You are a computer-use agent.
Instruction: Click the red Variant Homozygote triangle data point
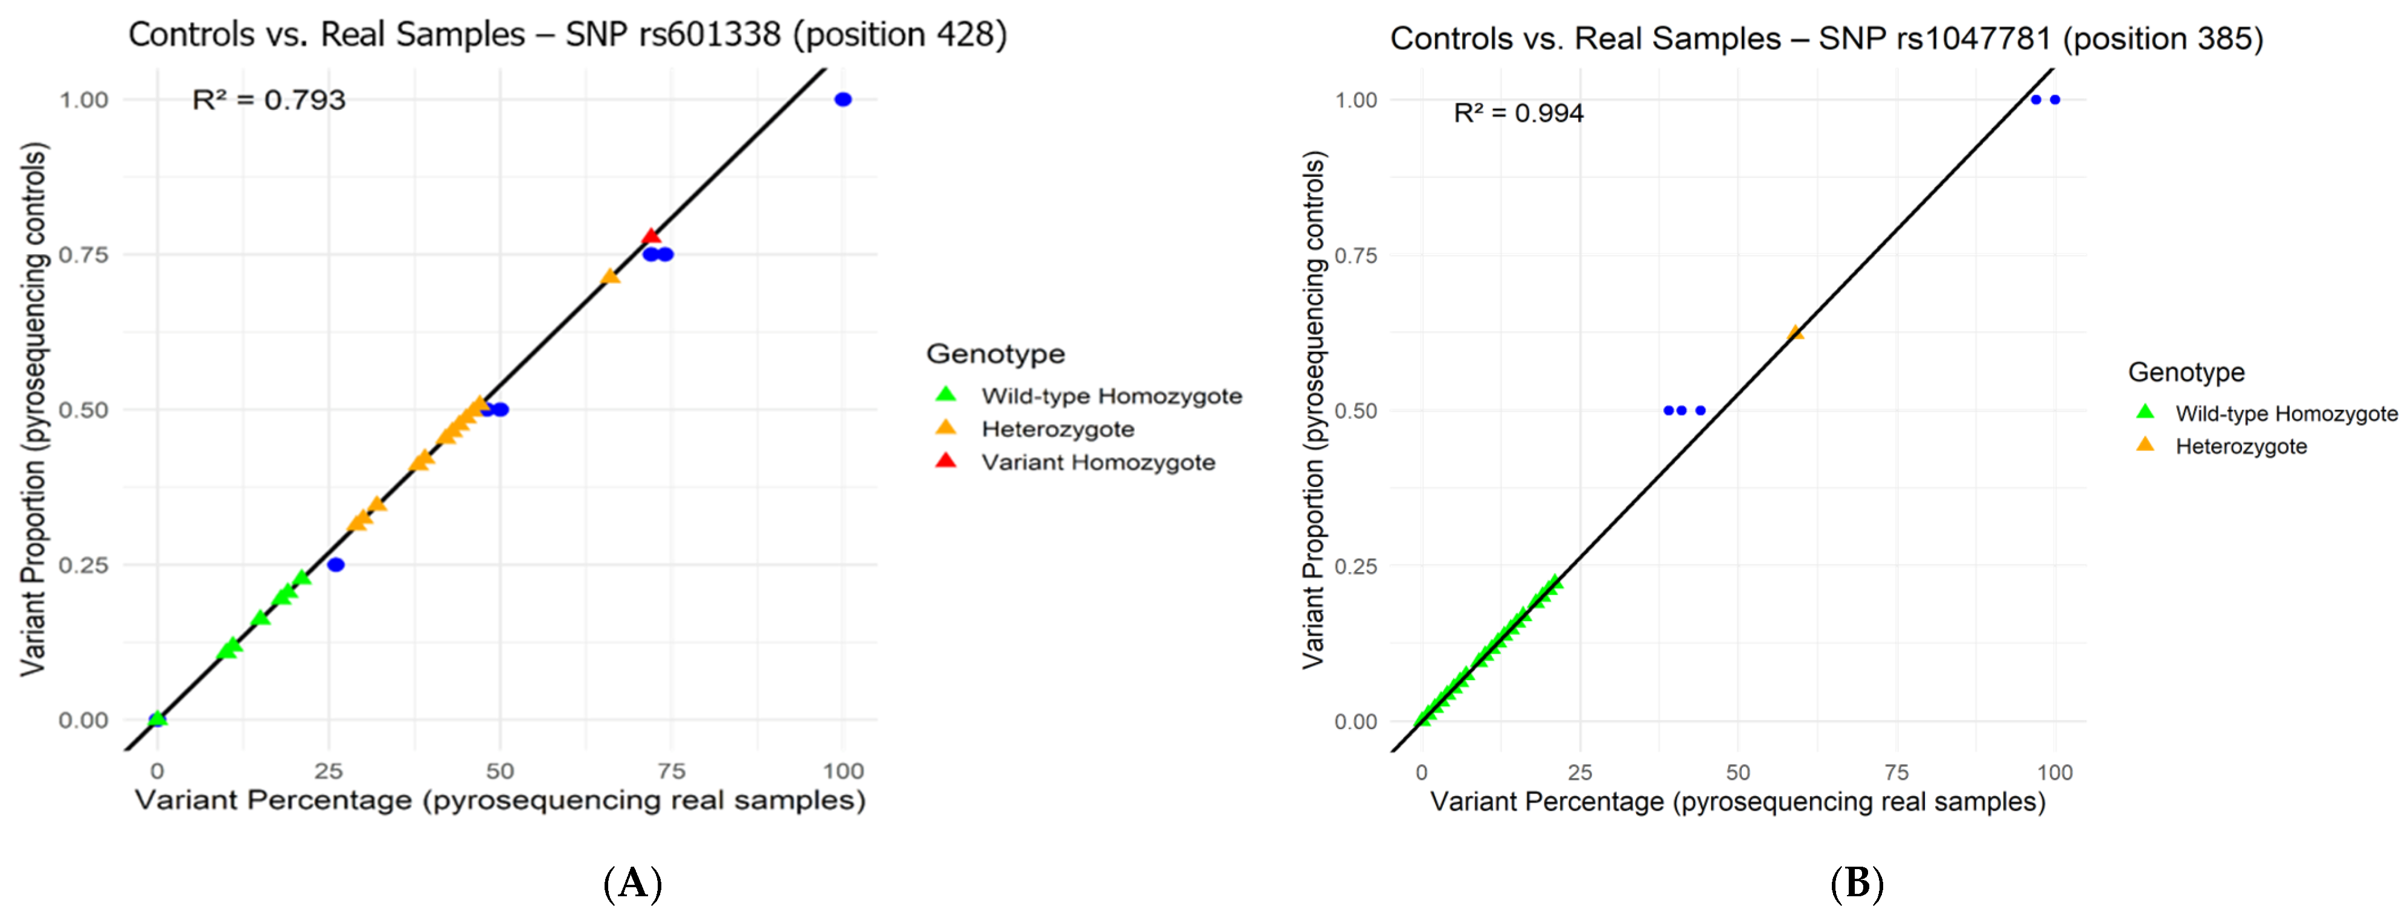(650, 236)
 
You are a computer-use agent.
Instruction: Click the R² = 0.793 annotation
(269, 100)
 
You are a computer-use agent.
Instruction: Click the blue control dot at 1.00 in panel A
(842, 100)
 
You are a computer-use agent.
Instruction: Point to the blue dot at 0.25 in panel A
(336, 564)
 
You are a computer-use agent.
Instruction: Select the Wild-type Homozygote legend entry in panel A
(1111, 396)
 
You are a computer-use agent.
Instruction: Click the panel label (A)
(633, 882)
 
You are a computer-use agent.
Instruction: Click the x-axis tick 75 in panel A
(671, 771)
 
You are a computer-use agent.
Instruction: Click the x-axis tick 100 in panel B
(2054, 773)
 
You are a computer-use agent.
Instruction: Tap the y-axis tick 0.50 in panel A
(83, 410)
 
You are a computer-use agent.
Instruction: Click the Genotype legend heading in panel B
(2186, 372)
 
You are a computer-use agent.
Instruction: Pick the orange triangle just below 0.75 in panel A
(609, 276)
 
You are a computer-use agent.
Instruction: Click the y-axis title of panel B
(1314, 410)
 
